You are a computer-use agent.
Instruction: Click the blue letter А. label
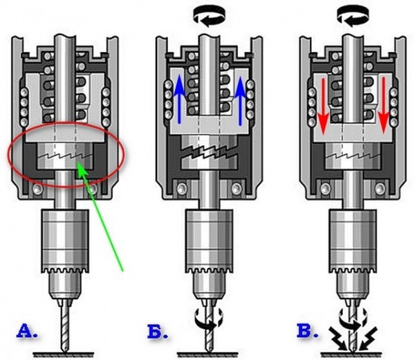(x=27, y=331)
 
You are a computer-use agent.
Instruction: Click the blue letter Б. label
(x=158, y=331)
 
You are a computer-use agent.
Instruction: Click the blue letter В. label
(x=307, y=331)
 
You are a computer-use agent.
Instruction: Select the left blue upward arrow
(x=180, y=99)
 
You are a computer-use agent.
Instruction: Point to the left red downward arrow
(x=323, y=107)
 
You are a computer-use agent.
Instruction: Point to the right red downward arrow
(x=383, y=106)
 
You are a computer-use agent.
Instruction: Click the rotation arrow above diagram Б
(x=210, y=17)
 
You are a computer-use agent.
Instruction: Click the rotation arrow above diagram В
(x=353, y=17)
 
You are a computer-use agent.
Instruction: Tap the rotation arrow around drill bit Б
(x=209, y=318)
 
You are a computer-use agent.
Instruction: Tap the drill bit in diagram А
(x=64, y=325)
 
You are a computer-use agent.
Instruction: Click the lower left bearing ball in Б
(x=182, y=188)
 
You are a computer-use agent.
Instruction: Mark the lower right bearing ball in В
(x=380, y=188)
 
